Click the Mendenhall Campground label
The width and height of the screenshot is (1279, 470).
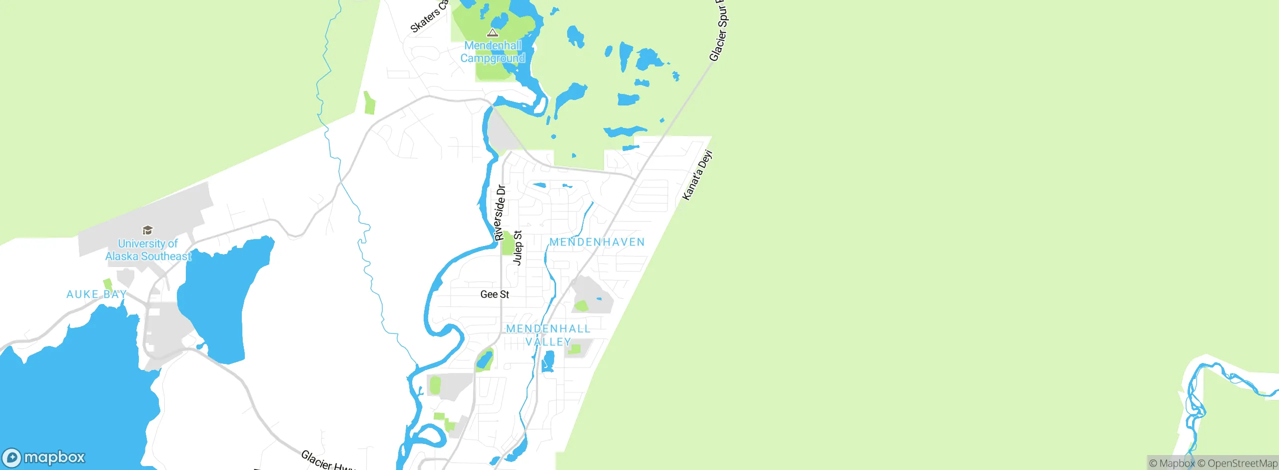point(493,52)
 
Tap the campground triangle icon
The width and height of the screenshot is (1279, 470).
point(493,33)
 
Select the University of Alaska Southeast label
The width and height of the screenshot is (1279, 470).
point(148,250)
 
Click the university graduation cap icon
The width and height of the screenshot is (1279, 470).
point(147,230)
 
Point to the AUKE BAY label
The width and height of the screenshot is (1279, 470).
point(96,294)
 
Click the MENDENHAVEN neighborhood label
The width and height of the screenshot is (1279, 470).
point(597,242)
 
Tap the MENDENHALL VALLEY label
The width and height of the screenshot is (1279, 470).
point(548,335)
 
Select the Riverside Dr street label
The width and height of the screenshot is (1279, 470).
point(500,213)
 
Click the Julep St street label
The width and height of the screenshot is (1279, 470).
point(518,248)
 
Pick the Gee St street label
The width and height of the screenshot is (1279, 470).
point(495,294)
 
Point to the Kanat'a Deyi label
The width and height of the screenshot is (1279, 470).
point(697,175)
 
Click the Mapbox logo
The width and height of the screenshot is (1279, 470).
point(44,457)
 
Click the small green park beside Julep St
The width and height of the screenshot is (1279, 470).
point(508,243)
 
